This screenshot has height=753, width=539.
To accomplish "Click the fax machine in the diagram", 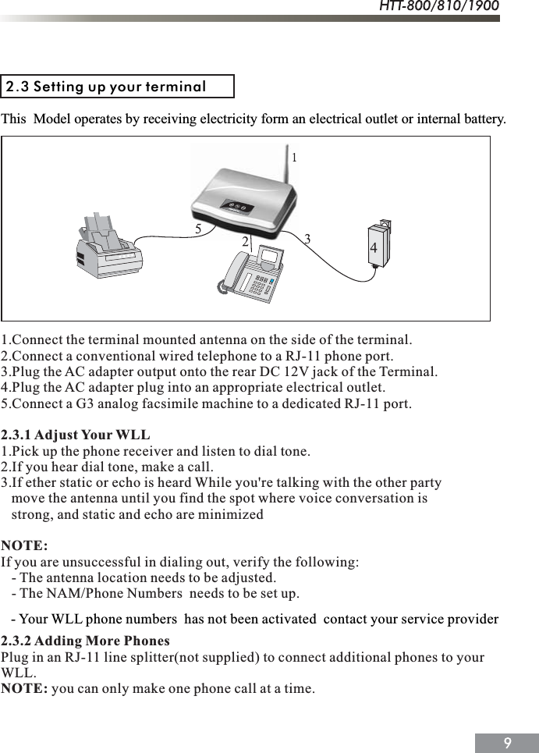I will pos(109,247).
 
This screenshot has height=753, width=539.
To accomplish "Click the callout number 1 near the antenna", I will pos(294,158).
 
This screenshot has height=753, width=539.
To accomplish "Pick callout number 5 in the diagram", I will pos(199,229).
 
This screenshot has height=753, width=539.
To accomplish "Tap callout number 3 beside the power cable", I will pos(307,238).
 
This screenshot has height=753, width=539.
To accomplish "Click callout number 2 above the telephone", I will pos(245,242).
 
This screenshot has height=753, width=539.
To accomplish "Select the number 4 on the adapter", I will pos(374,247).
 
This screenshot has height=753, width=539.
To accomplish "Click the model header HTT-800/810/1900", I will pos(439,7).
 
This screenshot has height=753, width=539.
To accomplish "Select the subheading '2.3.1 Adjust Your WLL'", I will pos(76,435).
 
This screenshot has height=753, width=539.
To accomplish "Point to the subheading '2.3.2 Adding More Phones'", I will pos(86,641).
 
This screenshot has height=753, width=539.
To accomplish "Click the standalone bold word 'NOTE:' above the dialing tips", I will pos(24,544).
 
